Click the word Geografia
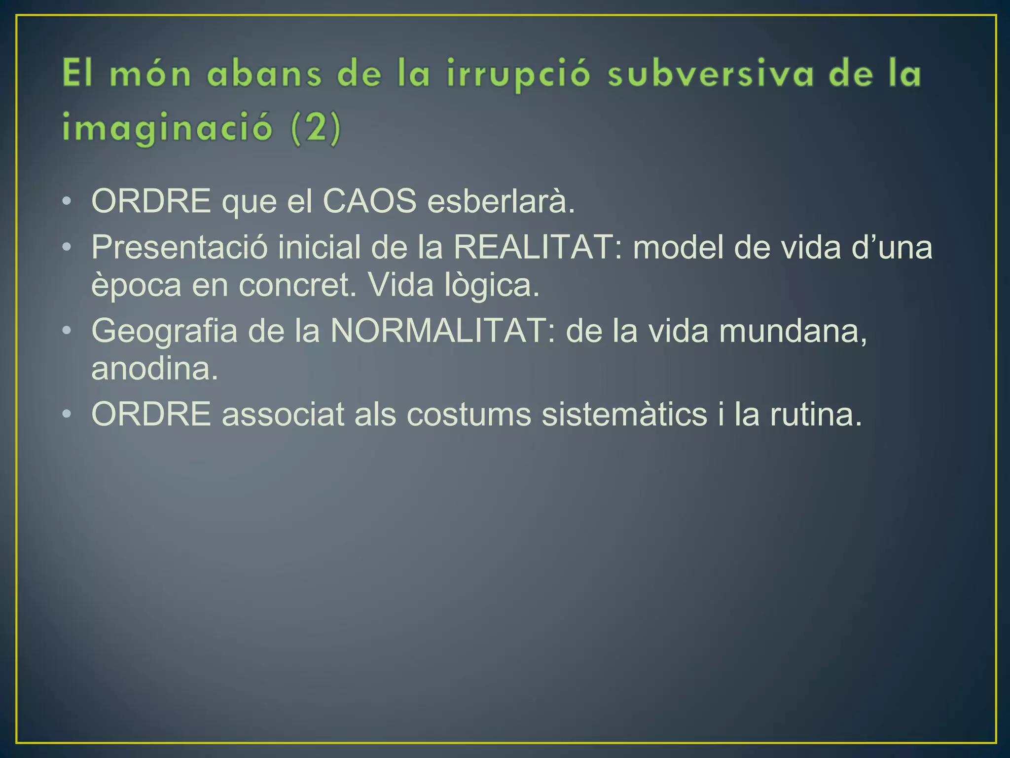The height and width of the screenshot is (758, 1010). pos(164,331)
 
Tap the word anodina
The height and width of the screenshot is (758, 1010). pos(154,368)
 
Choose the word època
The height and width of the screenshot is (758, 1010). pos(136,286)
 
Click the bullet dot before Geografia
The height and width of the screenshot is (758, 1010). pos(67,331)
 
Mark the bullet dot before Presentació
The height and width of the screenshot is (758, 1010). pos(67,247)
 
